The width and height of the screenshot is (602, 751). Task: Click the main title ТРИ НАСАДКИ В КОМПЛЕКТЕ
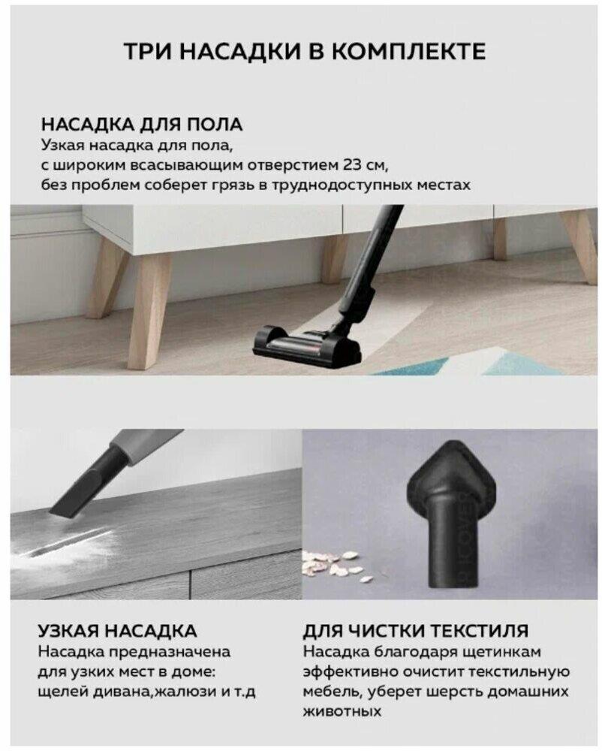tap(305, 51)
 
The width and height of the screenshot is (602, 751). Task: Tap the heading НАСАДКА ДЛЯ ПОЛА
tap(142, 125)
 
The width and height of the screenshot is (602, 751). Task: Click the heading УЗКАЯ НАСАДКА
tap(117, 631)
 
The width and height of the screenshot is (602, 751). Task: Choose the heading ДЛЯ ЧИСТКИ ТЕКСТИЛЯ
tap(415, 631)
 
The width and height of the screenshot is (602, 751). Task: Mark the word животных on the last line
tap(342, 711)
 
